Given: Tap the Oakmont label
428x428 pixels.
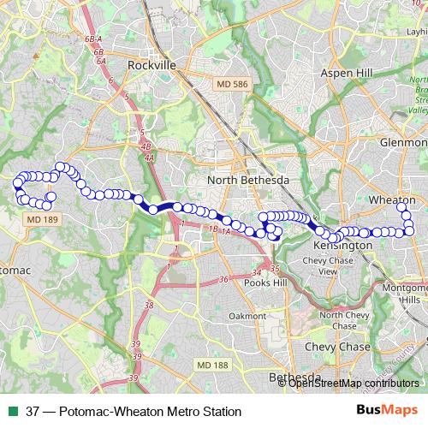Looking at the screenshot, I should pyautogui.click(x=247, y=316).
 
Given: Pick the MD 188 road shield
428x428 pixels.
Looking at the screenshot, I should pyautogui.click(x=217, y=342).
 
